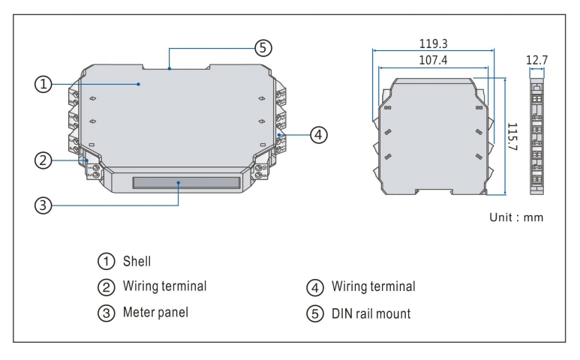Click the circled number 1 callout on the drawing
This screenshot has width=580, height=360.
pos(44,85)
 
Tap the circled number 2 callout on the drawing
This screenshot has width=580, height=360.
pos(44,160)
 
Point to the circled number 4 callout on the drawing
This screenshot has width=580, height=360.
pos(318,135)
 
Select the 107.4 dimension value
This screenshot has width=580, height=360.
pos(434,59)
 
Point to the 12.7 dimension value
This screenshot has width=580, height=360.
pos(537,59)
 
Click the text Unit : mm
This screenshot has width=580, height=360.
pos(515,217)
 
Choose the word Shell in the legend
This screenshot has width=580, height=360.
pos(137,262)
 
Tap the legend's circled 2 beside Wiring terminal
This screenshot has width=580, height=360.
pos(104,287)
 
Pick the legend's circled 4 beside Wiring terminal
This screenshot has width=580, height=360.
pos(314,287)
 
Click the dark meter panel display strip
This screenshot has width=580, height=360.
pos(186,182)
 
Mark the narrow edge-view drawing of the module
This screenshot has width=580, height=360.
pos(536,135)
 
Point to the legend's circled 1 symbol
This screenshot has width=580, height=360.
pos(104,262)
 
